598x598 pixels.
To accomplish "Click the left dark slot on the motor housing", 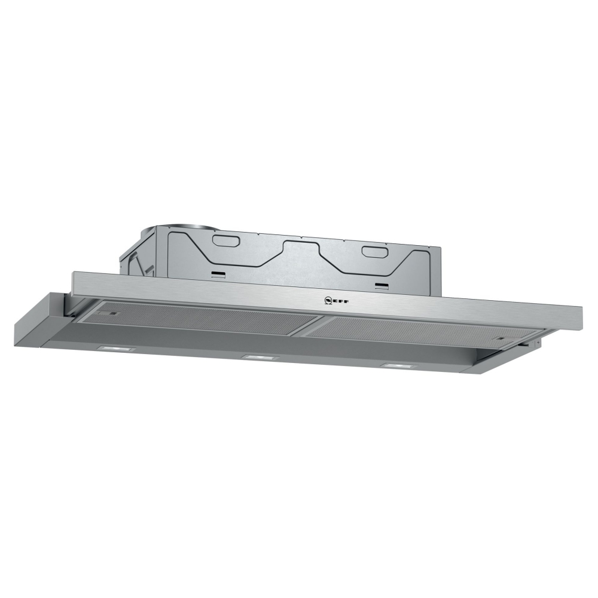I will tap(218, 276).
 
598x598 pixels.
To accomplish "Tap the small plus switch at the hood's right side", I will tap(538, 343).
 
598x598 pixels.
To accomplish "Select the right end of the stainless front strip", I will tap(579, 316).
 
